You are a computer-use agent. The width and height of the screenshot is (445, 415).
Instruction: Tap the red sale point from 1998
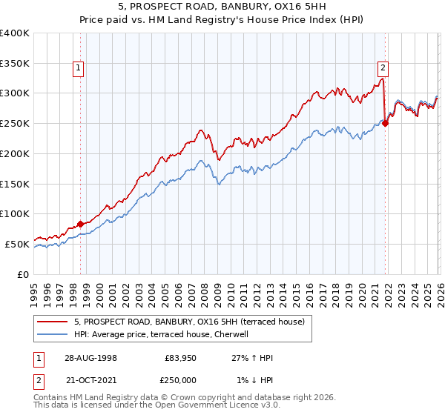tap(81, 223)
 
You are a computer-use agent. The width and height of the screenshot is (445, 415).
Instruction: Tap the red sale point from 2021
tap(385, 123)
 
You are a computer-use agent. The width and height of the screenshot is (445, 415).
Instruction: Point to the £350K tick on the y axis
tap(15, 64)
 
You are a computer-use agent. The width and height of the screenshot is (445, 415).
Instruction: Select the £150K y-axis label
tap(15, 184)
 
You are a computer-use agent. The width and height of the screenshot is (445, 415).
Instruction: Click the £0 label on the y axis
tap(22, 274)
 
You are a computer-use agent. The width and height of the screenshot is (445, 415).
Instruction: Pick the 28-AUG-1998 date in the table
tap(90, 358)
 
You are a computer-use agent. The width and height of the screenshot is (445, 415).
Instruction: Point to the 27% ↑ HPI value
tap(252, 358)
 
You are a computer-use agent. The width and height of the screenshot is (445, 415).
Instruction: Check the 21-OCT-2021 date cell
tap(90, 380)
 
